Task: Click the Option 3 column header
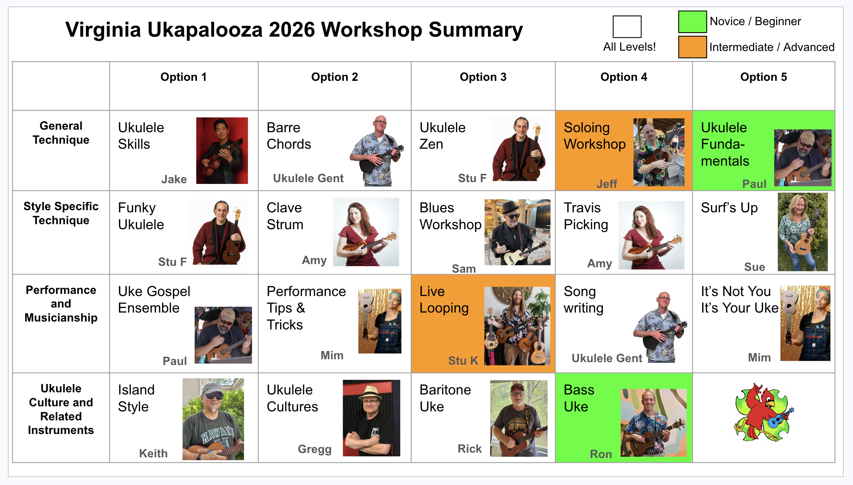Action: point(483,77)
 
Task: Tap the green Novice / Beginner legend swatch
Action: point(692,22)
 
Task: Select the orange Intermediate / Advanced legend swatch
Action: point(692,47)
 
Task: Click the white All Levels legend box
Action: point(627,27)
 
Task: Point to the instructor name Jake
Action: point(174,179)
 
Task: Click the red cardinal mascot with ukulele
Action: point(764,412)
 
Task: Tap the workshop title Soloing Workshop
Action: point(595,136)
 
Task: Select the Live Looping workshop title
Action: point(444,300)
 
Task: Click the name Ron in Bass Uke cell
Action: point(601,454)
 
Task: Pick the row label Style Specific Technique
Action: point(61,213)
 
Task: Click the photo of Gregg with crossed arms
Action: point(371,418)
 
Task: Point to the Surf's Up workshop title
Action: point(729,208)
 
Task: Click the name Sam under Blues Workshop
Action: point(464,268)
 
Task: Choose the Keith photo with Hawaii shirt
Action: point(213,419)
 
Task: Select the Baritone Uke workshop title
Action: point(445,398)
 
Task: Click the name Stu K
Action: point(463,360)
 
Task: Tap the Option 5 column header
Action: point(764,77)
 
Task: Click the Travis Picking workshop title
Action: point(586,216)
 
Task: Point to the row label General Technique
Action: point(61,133)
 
